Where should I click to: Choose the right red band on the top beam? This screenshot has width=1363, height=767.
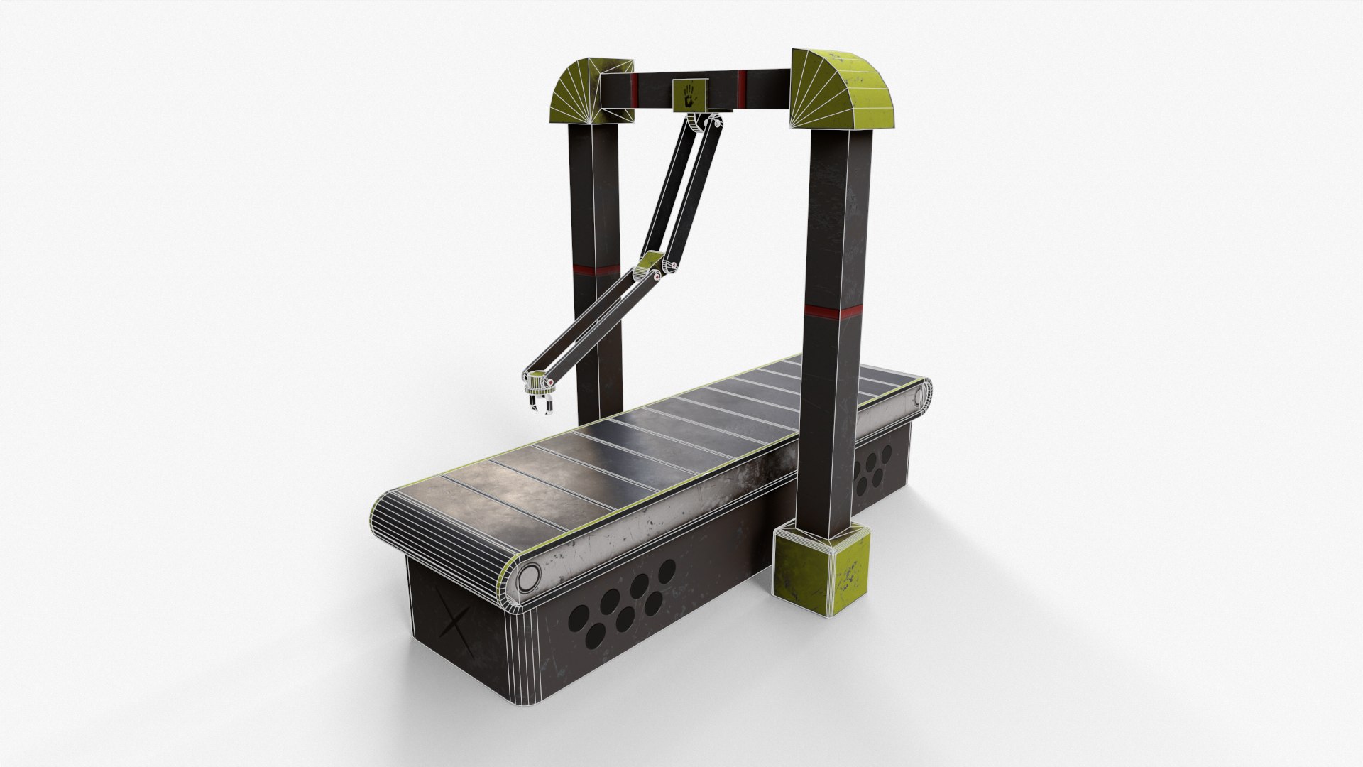pyautogui.click(x=742, y=85)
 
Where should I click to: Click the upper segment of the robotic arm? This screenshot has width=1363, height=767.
pyautogui.click(x=681, y=190)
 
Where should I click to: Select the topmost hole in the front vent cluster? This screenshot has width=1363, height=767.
pyautogui.click(x=666, y=571)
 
